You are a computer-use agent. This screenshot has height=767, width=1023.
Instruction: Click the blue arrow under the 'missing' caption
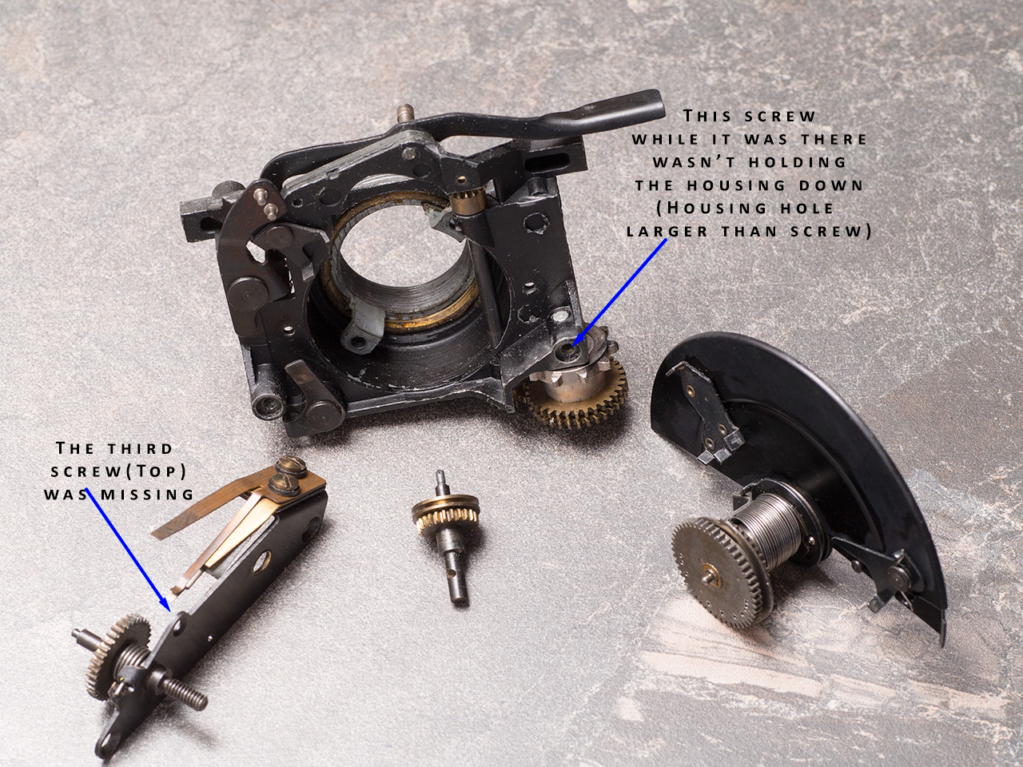[x=127, y=551]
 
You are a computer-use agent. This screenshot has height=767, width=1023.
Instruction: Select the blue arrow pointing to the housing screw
[x=619, y=292]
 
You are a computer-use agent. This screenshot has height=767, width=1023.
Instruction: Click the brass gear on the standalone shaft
[x=445, y=516]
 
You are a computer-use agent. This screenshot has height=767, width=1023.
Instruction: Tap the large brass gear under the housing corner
[x=573, y=400]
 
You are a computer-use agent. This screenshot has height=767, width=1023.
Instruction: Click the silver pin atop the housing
[x=404, y=114]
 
